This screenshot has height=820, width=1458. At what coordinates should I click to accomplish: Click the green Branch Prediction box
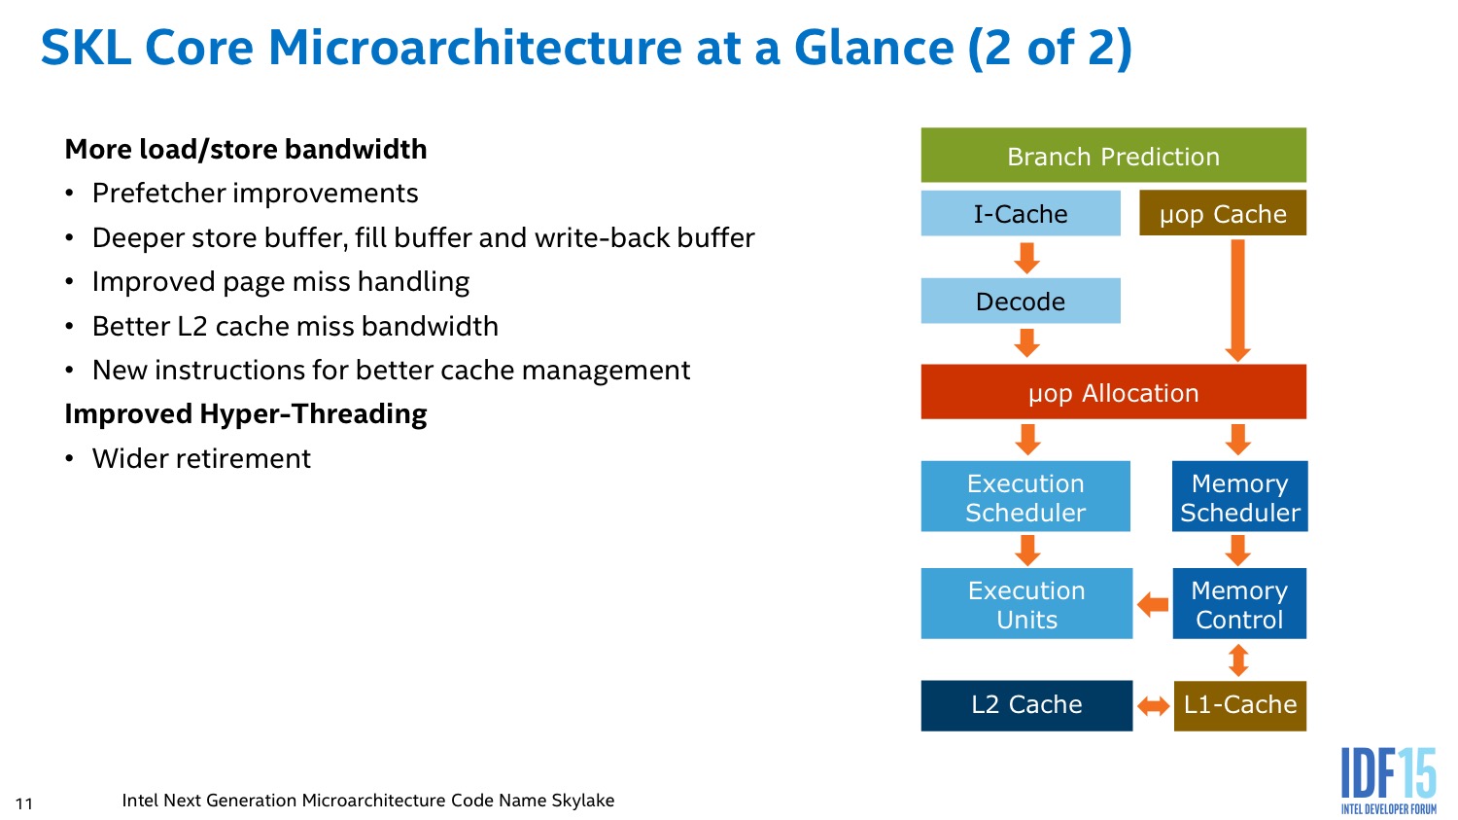[1113, 155]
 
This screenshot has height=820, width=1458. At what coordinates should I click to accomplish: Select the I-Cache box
[1021, 213]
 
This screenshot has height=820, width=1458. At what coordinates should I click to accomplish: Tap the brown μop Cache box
[1223, 213]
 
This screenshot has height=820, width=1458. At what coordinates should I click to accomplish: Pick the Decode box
[1021, 301]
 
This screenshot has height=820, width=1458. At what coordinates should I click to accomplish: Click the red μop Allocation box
[1113, 391]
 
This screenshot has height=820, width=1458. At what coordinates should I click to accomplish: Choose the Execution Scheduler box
[1025, 496]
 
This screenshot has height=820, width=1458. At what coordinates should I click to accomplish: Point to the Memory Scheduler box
[1239, 496]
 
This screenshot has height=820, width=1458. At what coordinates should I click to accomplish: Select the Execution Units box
[1026, 603]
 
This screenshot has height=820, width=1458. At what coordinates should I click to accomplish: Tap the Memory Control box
[1239, 603]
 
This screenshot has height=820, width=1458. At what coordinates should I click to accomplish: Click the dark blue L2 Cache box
[1026, 705]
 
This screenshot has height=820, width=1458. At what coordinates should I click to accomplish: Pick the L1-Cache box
[1240, 705]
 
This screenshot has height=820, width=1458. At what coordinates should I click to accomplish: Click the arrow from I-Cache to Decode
[1026, 258]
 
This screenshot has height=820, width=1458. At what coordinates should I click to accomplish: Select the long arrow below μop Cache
[1238, 301]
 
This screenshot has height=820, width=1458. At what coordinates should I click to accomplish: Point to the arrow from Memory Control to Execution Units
[1153, 604]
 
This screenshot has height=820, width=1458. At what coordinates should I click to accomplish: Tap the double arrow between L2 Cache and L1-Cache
[1154, 706]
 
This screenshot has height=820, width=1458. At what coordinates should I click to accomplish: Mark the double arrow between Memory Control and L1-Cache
[1238, 660]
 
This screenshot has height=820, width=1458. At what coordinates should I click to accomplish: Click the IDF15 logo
[1388, 780]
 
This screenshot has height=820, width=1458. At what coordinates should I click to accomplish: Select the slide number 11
[24, 803]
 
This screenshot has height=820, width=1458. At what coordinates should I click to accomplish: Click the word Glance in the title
[874, 48]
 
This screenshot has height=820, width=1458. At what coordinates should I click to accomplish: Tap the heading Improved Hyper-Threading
[245, 414]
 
